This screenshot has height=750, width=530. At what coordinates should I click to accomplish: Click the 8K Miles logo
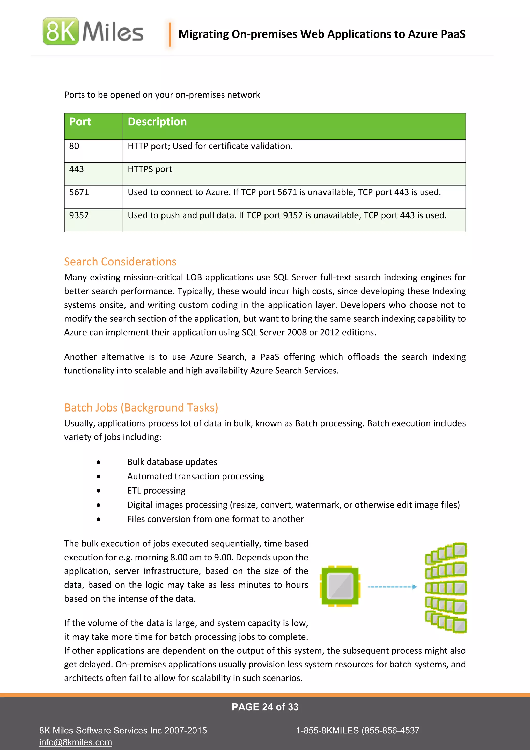click(93, 31)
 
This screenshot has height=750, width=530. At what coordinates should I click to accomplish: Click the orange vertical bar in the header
click(170, 34)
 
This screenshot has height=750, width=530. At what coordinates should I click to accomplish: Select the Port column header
click(80, 122)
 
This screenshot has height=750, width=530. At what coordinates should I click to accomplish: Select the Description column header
click(157, 122)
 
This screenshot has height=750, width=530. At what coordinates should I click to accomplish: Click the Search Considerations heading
click(120, 262)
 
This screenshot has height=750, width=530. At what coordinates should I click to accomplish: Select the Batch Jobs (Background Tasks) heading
click(141, 408)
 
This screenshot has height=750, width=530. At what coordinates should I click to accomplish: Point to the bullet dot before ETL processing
click(99, 491)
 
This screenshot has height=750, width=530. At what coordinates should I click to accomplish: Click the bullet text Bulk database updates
click(172, 462)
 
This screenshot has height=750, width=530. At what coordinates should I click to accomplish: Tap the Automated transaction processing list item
click(195, 476)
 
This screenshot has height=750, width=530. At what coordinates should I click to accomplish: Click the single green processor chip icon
click(340, 586)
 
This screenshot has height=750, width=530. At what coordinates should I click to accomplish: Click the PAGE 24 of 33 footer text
click(265, 707)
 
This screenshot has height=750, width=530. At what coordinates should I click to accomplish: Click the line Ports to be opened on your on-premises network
click(162, 95)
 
